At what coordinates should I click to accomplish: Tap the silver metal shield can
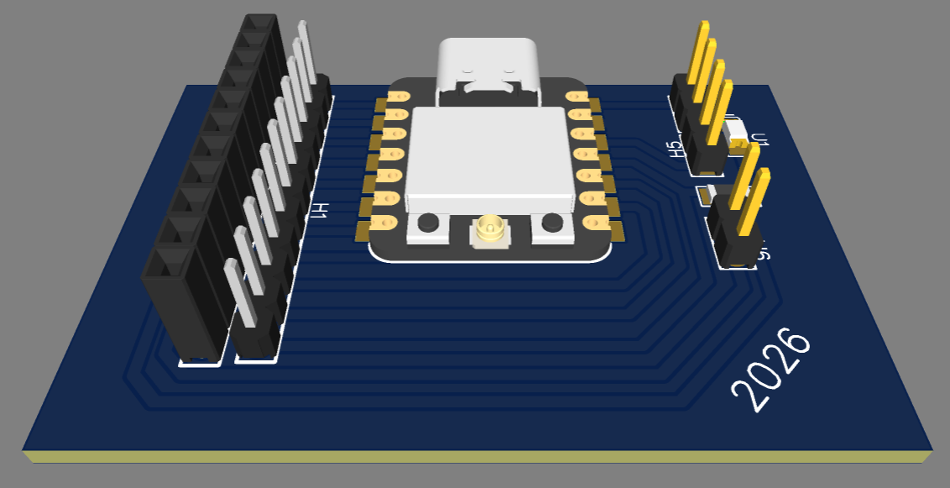click(x=487, y=155)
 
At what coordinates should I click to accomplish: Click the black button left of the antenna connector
click(x=428, y=223)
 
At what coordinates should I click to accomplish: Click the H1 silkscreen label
click(x=318, y=211)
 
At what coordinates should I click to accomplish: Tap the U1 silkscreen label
click(x=759, y=139)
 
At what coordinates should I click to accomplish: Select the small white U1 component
click(x=737, y=132)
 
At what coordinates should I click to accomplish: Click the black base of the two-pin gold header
click(x=734, y=239)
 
